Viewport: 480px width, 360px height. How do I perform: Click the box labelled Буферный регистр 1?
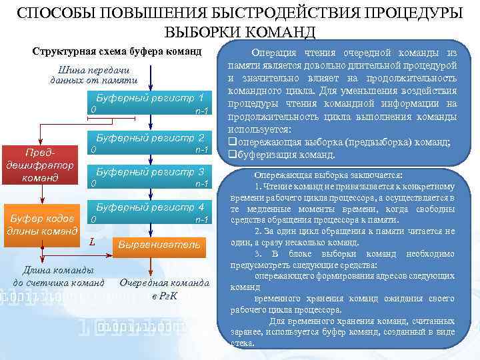click(150, 103)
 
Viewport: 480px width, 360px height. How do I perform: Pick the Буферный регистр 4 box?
click(150, 213)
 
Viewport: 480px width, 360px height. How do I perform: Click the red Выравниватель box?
click(159, 245)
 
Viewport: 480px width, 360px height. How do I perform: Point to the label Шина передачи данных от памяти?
click(94, 75)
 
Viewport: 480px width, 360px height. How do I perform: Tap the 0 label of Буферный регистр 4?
click(93, 219)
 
